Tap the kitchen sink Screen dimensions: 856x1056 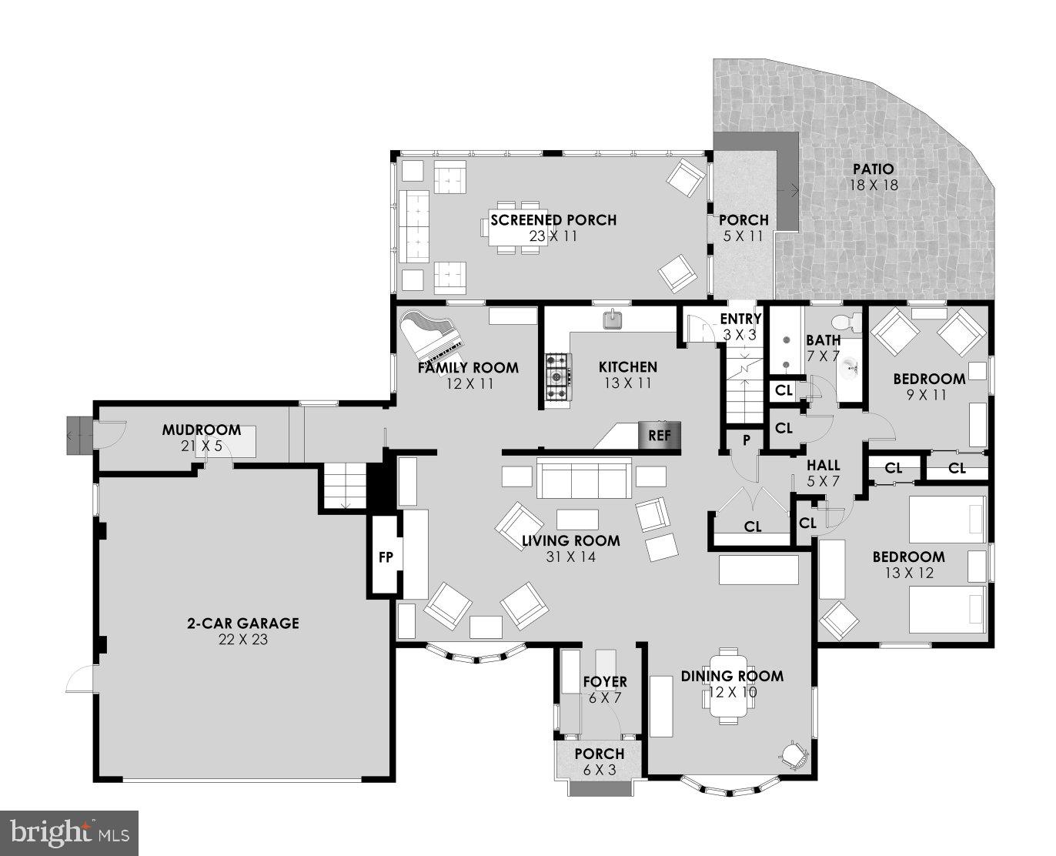coord(613,319)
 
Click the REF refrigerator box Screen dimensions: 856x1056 coord(660,435)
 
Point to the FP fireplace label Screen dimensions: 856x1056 coord(386,557)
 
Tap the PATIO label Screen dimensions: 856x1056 coord(873,169)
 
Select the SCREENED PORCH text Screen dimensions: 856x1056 coord(553,220)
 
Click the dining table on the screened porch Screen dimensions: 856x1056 coord(516,228)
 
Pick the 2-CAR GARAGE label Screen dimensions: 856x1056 coord(242,624)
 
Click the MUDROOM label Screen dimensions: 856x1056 coord(201,430)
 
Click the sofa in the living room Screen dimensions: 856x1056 coord(583,478)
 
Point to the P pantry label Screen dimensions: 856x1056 coord(746,440)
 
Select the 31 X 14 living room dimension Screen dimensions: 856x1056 coord(570,557)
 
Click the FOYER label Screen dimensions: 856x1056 coord(604,682)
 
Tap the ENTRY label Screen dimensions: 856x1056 coord(740,319)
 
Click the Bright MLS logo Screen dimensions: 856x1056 coord(69,832)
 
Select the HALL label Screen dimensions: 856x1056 coord(823,466)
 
